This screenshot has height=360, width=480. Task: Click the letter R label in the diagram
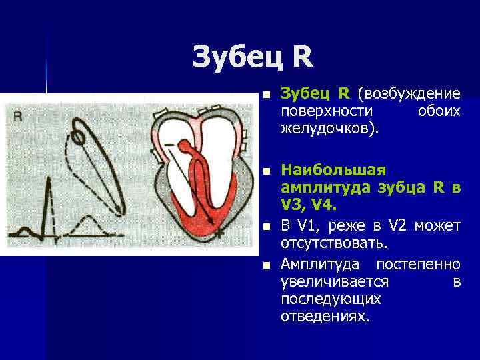pos(18,116)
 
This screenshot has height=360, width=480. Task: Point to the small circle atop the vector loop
pos(78,138)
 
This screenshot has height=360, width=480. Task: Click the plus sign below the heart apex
pos(219,233)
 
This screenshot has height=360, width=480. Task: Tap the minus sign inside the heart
pos(169,144)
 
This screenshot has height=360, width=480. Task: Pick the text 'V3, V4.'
pos(308,205)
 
